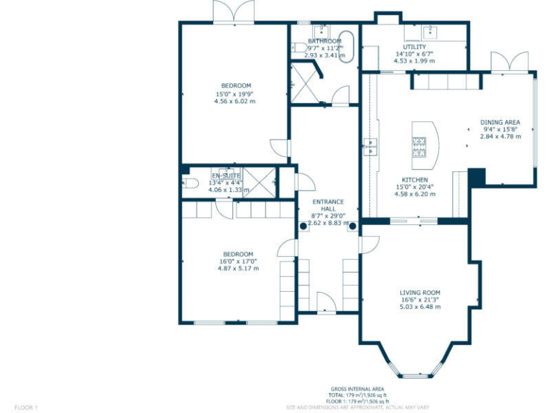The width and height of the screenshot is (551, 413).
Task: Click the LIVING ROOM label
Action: [420, 293]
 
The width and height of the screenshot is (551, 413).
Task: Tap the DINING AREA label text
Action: [500, 122]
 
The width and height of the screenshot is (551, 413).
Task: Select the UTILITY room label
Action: [414, 47]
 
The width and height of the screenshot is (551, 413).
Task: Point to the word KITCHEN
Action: [415, 180]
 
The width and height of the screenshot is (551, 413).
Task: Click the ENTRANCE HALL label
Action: [327, 205]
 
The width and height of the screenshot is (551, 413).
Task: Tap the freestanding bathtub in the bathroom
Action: [348, 47]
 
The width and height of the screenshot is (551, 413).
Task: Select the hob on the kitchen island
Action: [419, 147]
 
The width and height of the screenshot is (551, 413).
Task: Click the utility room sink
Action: [432, 32]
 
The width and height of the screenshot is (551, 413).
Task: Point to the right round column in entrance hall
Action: [352, 225]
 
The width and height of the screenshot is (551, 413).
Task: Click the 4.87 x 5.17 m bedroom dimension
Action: [237, 269]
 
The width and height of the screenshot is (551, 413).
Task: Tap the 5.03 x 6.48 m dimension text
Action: [420, 307]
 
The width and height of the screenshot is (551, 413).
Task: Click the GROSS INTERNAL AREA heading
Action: [359, 389]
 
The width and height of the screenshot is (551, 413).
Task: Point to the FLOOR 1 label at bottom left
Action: [26, 407]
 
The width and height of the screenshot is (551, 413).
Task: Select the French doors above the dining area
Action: [500, 63]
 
